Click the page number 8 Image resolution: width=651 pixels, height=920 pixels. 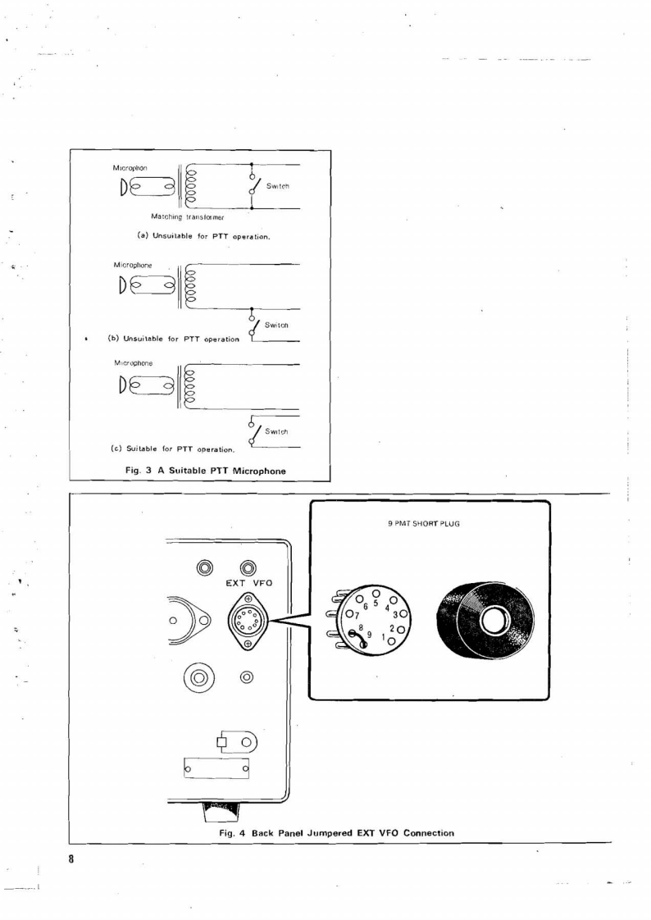[x=72, y=859]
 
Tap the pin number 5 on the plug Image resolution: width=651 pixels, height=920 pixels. [x=376, y=603]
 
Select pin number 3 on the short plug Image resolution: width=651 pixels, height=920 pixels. [x=395, y=614]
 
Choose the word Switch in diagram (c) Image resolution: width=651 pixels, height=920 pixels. [x=276, y=430]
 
